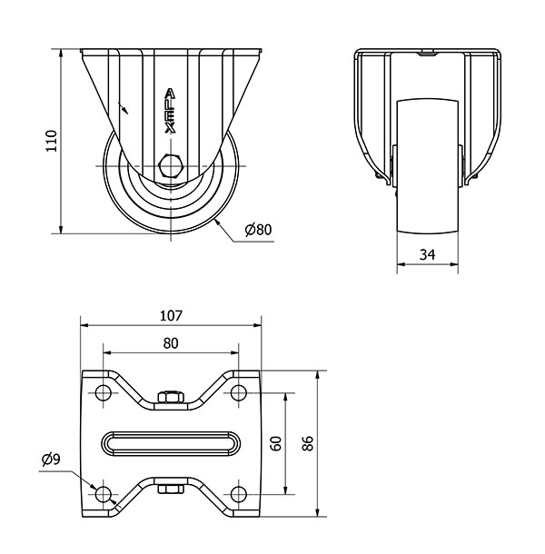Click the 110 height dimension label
click(52, 141)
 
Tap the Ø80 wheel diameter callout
click(258, 230)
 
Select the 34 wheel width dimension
click(427, 254)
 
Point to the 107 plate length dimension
click(171, 315)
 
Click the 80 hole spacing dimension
click(171, 343)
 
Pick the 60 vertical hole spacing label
click(277, 443)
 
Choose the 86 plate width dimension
click(308, 443)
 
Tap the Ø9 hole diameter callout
click(51, 459)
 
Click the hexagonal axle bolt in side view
click(171, 165)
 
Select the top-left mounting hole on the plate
click(104, 392)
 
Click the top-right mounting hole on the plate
click(239, 392)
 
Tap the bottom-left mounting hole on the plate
click(104, 494)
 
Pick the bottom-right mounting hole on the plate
click(239, 494)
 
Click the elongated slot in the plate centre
click(171, 443)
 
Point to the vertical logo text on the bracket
click(171, 111)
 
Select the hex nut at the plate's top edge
click(171, 397)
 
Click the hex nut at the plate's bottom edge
click(171, 489)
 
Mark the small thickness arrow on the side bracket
click(123, 108)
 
